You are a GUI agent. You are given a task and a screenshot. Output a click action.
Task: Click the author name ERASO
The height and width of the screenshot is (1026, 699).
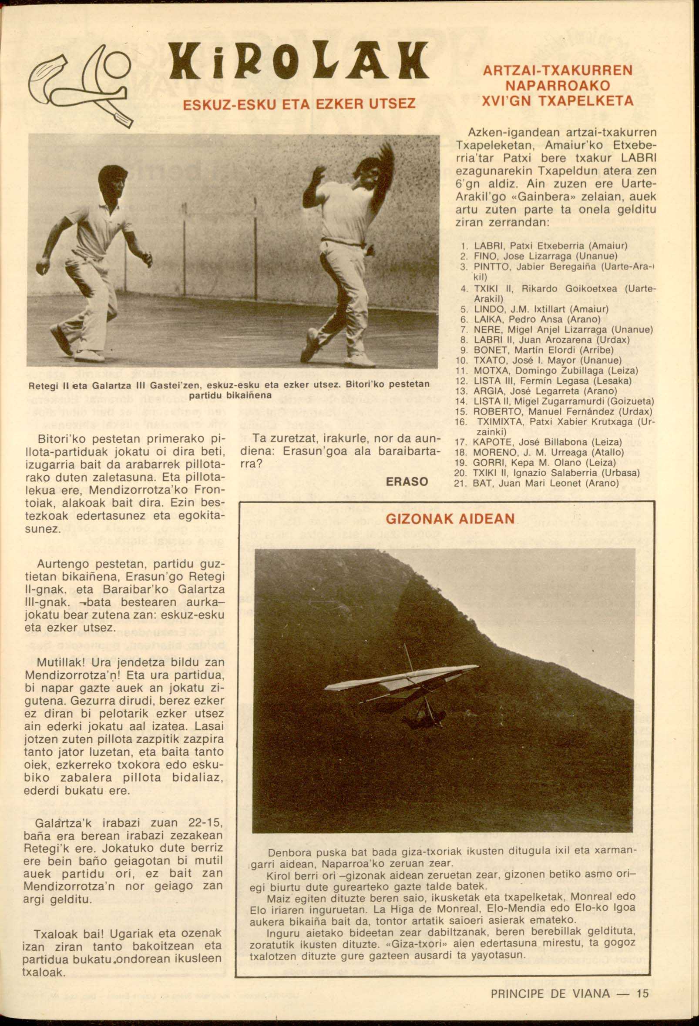point(407,481)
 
